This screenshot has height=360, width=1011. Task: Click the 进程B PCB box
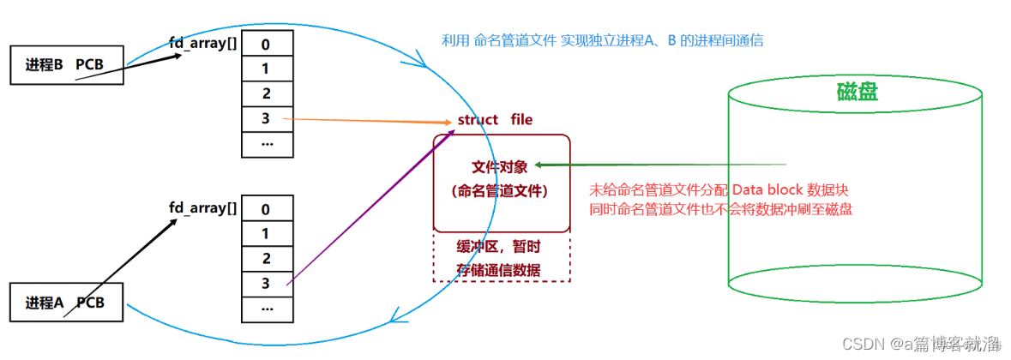point(66,66)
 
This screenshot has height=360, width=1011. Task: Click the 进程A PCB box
point(66,303)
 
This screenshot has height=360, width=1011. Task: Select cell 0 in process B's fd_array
point(267,44)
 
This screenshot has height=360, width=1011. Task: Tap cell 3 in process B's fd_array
point(267,118)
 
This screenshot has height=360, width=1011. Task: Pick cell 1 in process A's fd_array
point(267,233)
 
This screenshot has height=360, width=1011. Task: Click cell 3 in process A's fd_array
point(267,282)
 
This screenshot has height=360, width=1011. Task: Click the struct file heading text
point(495,119)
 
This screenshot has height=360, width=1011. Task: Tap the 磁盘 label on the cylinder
point(858,93)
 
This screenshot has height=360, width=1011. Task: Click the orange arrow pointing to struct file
point(369,120)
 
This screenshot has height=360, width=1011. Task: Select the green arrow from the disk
point(660,165)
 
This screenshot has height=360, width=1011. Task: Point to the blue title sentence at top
point(602,40)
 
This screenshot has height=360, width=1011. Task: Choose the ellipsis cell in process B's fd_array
point(267,143)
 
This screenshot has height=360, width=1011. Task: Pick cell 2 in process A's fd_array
point(267,258)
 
